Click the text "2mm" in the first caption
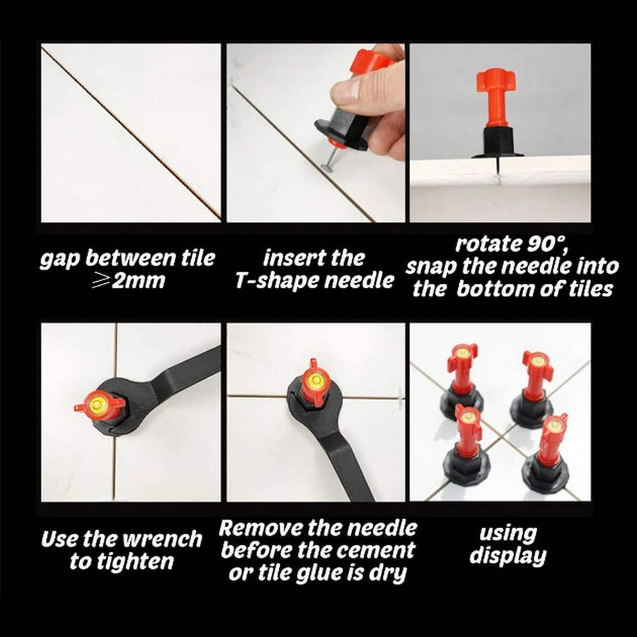point(139,280)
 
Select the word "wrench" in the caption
point(162,539)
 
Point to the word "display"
point(507,556)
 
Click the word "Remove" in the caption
point(260,528)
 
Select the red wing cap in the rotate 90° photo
point(496,79)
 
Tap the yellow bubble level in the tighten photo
point(98,403)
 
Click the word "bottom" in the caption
point(495,289)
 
